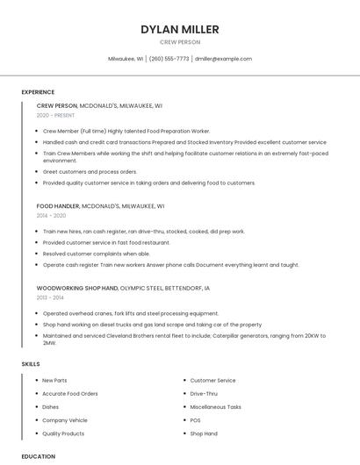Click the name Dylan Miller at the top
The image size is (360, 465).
coord(180,29)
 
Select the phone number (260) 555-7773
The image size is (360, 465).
coord(169,59)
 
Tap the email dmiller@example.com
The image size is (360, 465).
coord(223,59)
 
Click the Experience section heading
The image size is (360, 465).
coord(38,92)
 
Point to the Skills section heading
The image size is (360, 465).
coord(31,363)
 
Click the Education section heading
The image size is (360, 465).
coord(39,456)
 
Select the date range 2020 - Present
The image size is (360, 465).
coord(56,115)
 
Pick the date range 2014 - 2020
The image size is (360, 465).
coord(51,215)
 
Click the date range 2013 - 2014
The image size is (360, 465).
coord(51,297)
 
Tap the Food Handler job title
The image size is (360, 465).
coord(57,205)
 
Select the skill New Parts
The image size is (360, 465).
coord(54,381)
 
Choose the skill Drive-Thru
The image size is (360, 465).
coord(204,394)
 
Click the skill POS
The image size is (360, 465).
coord(196,420)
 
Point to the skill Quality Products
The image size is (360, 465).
coord(63,433)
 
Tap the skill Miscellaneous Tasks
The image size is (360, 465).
coord(215,407)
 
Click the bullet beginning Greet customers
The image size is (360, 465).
coord(90,172)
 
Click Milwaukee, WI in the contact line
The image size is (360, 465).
coord(126,59)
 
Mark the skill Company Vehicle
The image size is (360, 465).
coord(65,420)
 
